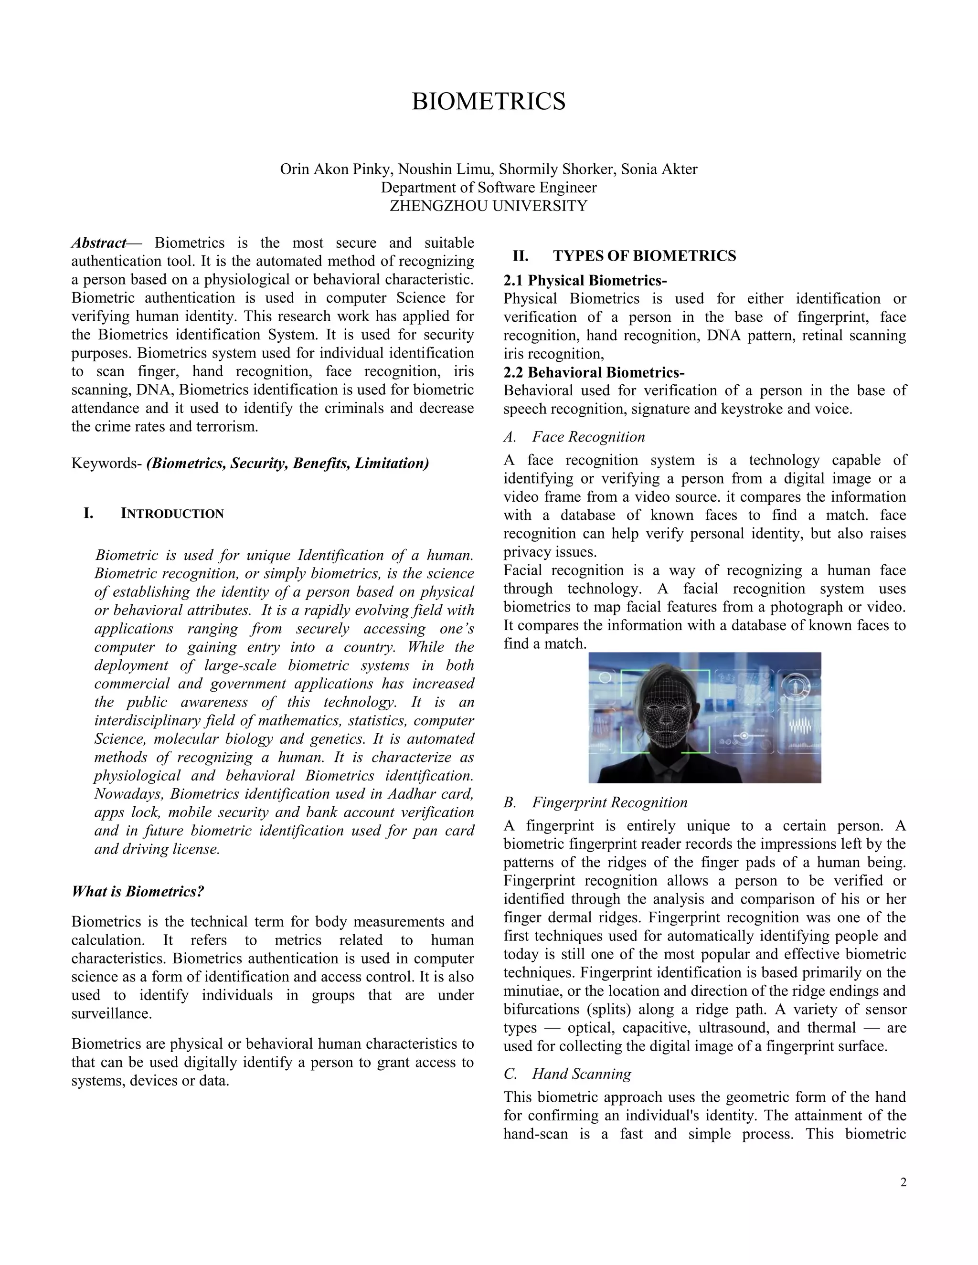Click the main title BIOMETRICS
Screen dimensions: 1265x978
489,101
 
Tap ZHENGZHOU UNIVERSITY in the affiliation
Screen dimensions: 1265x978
489,206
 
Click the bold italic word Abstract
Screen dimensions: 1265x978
98,242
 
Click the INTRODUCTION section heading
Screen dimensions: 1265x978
172,514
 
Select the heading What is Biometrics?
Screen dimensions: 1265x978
138,891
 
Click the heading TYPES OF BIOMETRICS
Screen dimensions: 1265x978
644,256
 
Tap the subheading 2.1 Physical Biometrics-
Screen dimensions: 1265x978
585,280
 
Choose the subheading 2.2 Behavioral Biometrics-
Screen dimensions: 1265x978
594,372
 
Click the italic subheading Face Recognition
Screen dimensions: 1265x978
588,437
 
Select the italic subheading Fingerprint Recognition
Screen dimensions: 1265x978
609,802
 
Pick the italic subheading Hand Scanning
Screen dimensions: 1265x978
581,1074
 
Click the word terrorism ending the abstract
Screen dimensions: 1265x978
223,427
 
